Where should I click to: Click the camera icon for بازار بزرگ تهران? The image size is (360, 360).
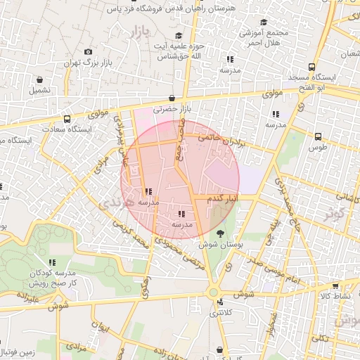pos(88,51)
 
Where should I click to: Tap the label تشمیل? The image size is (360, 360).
pos(40,90)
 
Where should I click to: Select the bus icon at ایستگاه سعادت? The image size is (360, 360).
pos(67,119)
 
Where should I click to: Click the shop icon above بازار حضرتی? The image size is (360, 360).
pos(172,98)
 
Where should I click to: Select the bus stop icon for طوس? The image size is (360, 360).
pos(318,136)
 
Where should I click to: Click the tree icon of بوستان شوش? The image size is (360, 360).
pos(221,233)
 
